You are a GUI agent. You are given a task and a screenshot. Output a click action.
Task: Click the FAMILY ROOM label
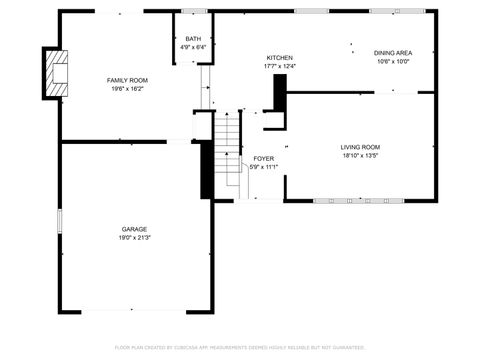tap(128, 79)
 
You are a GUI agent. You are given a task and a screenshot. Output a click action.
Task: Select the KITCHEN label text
tap(279, 58)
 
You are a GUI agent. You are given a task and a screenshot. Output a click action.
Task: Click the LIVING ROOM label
tap(360, 147)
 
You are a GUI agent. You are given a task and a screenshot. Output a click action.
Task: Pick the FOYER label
tap(263, 159)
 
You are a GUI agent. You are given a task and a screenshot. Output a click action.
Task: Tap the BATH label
tap(193, 39)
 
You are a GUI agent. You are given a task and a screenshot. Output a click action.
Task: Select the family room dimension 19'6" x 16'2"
tap(128, 88)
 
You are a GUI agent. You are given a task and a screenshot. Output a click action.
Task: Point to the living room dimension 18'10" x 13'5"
tap(360, 156)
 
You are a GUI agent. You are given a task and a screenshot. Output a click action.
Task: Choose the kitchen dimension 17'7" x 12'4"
tap(279, 67)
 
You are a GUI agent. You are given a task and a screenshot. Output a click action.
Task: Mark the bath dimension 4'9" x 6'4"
tap(193, 47)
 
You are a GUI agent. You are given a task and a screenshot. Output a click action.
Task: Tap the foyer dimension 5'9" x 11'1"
tap(263, 167)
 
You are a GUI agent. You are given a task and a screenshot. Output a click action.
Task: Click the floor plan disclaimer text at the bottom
tap(240, 348)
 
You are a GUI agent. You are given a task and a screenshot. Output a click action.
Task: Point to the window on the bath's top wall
tap(196, 11)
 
